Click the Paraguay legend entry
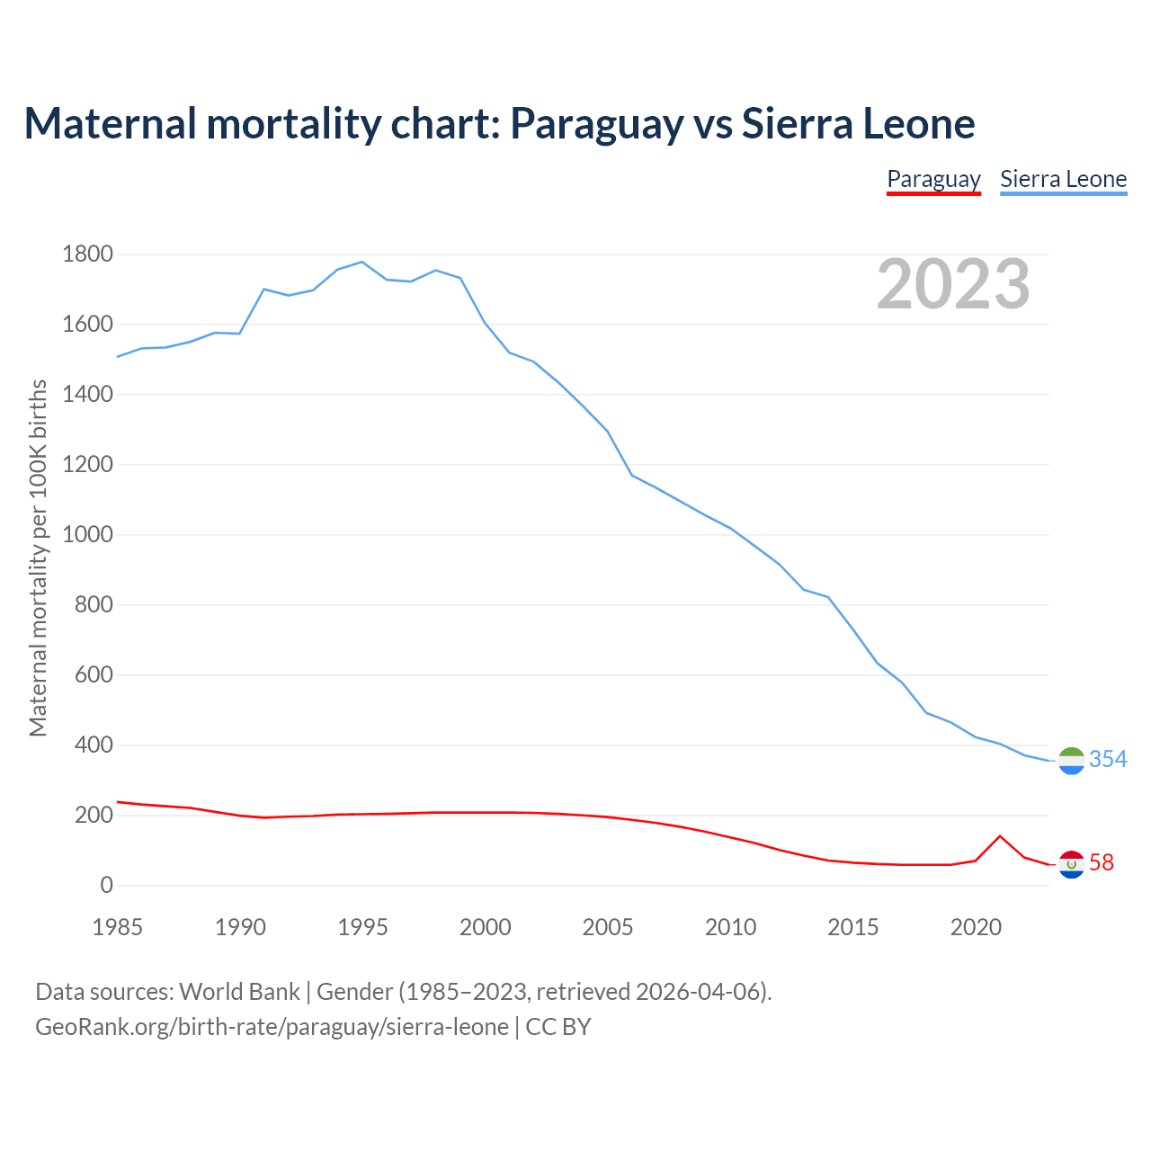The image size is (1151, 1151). click(x=933, y=179)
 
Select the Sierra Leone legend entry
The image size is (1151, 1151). click(x=1063, y=179)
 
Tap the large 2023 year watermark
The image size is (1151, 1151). click(x=953, y=284)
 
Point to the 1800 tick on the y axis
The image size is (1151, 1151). click(x=87, y=254)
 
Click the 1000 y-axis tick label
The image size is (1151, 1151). click(x=87, y=535)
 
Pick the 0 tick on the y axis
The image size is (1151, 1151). click(x=107, y=886)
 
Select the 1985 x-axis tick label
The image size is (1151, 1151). click(x=117, y=927)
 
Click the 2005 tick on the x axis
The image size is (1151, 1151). click(x=608, y=927)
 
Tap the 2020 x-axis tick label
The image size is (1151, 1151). click(x=976, y=927)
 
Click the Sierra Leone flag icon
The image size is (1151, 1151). click(x=1071, y=761)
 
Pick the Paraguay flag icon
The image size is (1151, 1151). click(x=1071, y=864)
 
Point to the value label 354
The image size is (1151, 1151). click(x=1108, y=760)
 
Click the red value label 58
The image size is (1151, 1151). click(x=1102, y=863)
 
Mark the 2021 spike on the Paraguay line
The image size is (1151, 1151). click(x=1000, y=836)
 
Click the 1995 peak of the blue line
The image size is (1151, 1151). click(x=361, y=262)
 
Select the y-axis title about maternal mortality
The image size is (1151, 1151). click(x=38, y=558)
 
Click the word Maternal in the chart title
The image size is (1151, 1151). click(x=111, y=123)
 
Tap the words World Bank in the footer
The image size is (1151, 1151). click(x=239, y=992)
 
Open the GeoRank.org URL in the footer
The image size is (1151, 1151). click(x=272, y=1027)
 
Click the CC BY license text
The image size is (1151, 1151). click(x=558, y=1027)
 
